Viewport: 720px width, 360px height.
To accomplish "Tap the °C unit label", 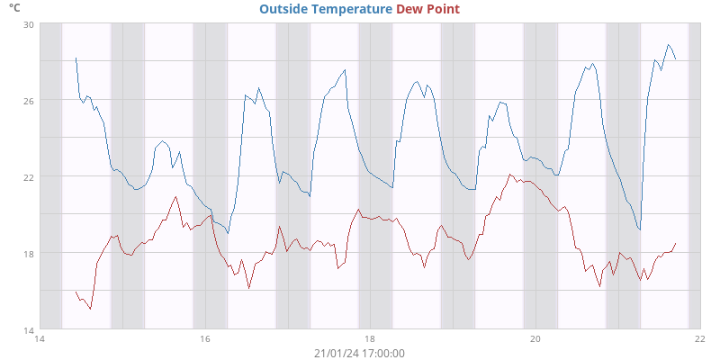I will coord(14,7).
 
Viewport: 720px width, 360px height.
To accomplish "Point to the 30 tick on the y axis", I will coord(28,24).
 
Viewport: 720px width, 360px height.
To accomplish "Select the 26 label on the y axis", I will coord(28,101).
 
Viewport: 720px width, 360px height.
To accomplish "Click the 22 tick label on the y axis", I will coord(28,176).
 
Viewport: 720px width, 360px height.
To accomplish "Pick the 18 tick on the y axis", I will coord(28,253).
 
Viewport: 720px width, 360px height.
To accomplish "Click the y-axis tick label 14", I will coord(28,329).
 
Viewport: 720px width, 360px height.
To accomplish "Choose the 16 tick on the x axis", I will coord(204,339).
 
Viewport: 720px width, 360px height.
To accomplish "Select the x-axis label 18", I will coord(370,339).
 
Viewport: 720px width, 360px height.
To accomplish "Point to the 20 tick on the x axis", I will coord(535,339).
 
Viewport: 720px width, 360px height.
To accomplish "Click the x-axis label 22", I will coord(700,339).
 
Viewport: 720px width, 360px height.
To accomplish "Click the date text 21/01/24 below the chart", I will coord(336,353).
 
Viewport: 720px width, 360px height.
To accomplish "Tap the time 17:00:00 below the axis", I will coord(383,353).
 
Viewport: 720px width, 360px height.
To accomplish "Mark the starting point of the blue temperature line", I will coord(76,58).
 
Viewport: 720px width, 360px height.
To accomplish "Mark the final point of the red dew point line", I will coord(675,243).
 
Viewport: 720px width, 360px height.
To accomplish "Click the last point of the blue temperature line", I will coord(675,59).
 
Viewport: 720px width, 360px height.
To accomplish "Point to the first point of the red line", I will coord(76,292).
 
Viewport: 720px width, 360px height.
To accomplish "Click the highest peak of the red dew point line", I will coord(510,175).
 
